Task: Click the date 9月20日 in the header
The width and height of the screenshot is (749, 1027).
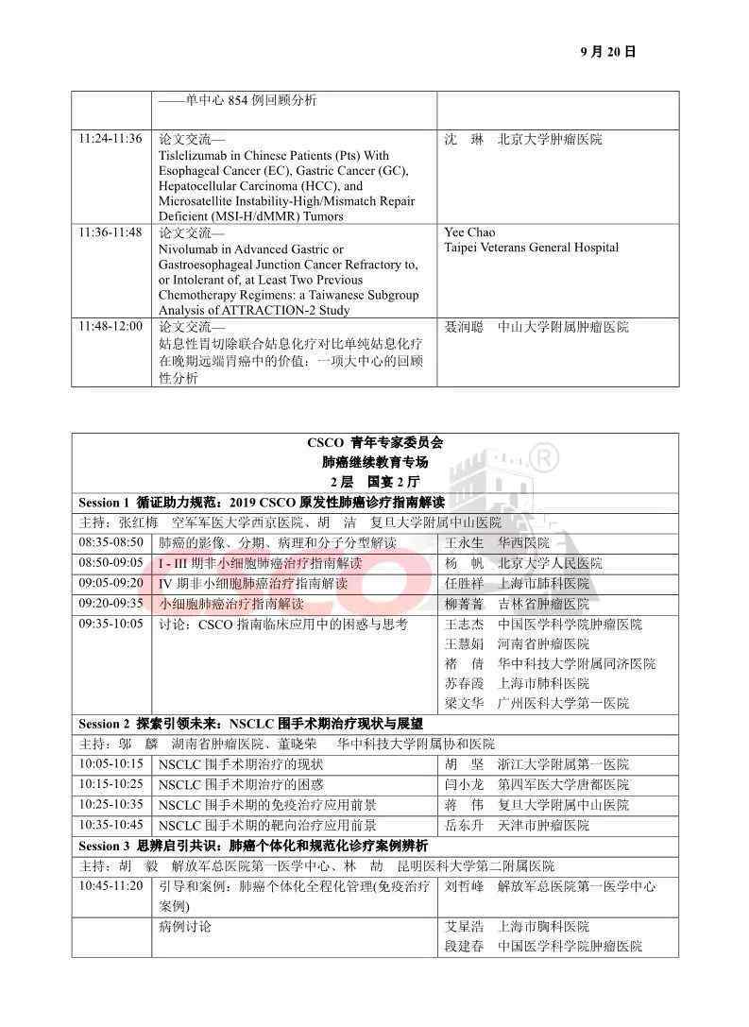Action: pyautogui.click(x=609, y=52)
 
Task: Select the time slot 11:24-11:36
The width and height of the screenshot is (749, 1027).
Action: pyautogui.click(x=111, y=139)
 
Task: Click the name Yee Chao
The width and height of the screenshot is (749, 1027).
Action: pyautogui.click(x=469, y=232)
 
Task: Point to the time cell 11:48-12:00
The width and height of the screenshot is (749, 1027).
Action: pyautogui.click(x=111, y=326)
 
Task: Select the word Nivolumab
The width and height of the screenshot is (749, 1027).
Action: pyautogui.click(x=190, y=248)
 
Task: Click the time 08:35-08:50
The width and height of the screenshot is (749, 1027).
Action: pyautogui.click(x=111, y=542)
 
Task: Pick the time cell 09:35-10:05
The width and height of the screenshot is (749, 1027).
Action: pyautogui.click(x=111, y=624)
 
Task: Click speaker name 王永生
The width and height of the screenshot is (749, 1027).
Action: pyautogui.click(x=464, y=543)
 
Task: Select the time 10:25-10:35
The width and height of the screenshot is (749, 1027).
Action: pyautogui.click(x=111, y=805)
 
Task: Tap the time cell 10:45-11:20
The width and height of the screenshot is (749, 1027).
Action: pyautogui.click(x=111, y=886)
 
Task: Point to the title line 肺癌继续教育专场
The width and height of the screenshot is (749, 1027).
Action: pyautogui.click(x=375, y=462)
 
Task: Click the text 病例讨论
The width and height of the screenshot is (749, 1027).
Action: pyautogui.click(x=185, y=927)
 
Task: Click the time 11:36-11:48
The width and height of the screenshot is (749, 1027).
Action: pyautogui.click(x=111, y=232)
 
